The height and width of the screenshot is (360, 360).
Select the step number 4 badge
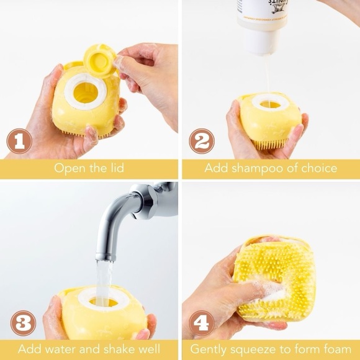tap(202, 323)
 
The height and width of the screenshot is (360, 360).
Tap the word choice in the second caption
tap(320, 168)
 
